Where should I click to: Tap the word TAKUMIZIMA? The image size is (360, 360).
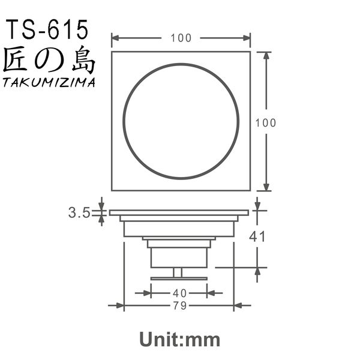(49, 83)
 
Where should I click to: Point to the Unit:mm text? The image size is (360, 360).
(180, 340)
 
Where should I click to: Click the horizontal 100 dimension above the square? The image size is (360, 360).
(181, 38)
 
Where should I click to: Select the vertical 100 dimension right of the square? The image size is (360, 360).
(265, 122)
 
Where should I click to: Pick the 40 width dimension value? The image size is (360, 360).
(179, 293)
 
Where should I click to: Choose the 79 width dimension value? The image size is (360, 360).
(179, 306)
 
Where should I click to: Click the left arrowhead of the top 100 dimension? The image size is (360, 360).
(116, 38)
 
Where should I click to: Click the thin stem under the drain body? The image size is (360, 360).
(178, 272)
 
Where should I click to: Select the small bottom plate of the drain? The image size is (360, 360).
(179, 278)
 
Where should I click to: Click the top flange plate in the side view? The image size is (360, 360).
(179, 212)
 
